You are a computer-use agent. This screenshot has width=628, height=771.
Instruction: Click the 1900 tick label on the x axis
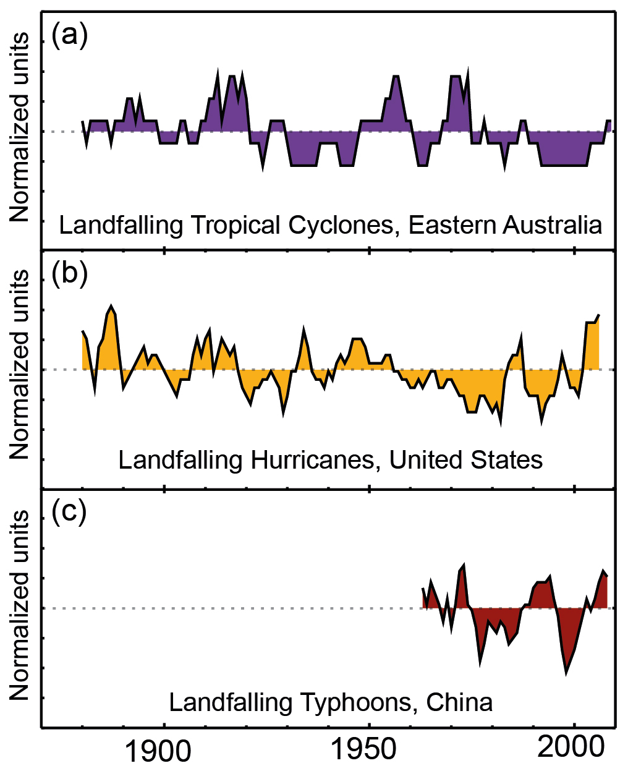coord(158,750)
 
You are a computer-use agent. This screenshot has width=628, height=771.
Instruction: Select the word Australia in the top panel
coord(554,224)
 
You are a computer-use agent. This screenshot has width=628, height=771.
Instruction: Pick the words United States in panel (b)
coord(466,460)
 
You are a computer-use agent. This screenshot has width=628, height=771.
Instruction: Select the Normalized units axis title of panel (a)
coord(20,127)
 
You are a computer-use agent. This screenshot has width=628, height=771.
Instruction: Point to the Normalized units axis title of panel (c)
coord(20,604)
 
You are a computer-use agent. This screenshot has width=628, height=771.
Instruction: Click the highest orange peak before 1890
coord(111,306)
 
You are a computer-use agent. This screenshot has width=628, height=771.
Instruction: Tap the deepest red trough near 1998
coord(566,673)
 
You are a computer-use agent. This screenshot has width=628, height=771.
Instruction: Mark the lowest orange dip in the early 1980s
coord(499,424)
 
